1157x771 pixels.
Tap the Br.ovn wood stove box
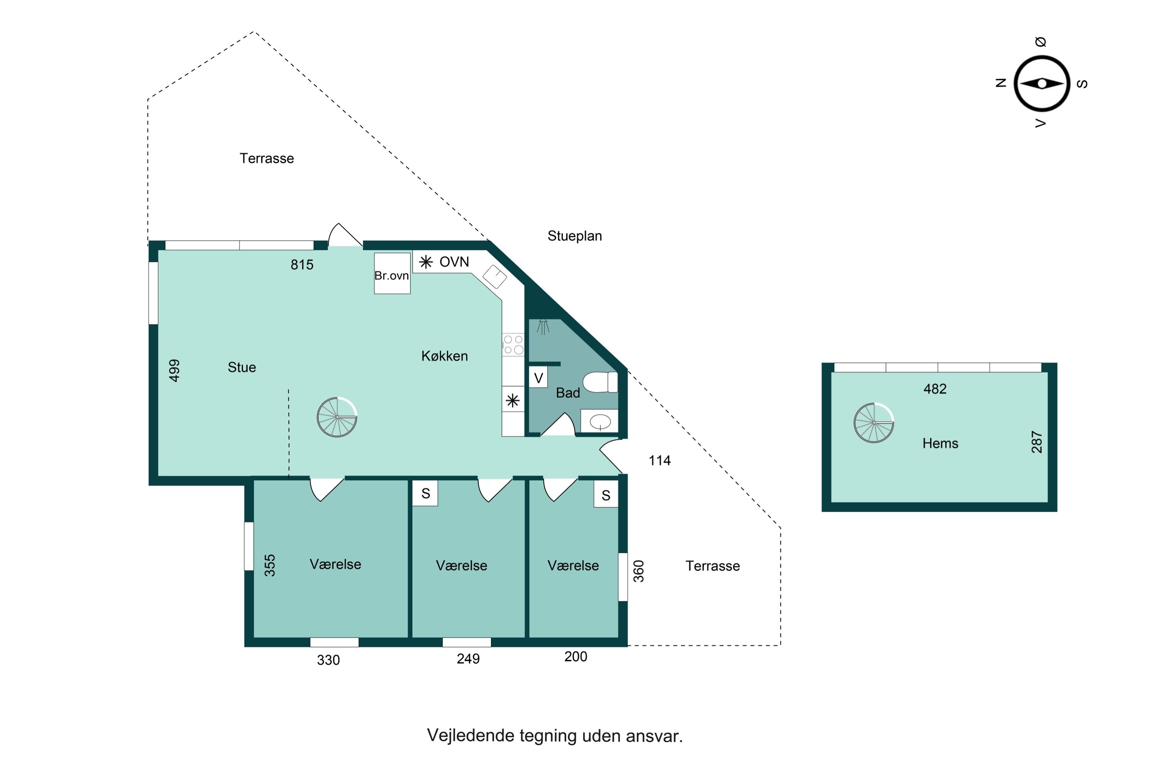392,273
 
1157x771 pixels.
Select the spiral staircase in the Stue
337,417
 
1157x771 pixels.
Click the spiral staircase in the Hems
874,423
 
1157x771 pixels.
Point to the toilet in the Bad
600,382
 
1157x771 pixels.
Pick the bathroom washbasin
600,421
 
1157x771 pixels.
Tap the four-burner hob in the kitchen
513,345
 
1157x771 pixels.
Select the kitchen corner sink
495,276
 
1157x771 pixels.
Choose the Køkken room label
445,356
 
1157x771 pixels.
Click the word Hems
940,444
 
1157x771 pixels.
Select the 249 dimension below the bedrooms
468,659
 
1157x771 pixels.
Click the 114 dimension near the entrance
659,461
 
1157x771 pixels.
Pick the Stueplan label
575,236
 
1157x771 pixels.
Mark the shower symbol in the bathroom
543,327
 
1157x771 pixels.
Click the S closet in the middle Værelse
425,493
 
